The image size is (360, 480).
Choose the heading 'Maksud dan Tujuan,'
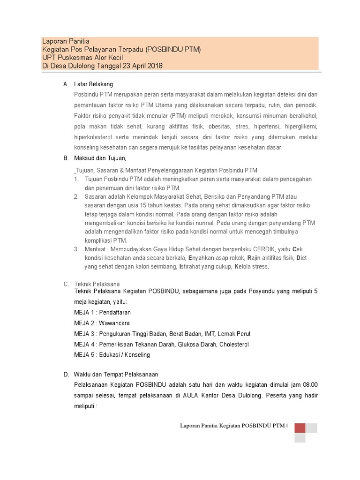100,158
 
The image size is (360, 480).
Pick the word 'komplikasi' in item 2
98,240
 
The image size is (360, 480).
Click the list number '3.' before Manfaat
76,249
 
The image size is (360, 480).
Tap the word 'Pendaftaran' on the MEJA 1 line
116,312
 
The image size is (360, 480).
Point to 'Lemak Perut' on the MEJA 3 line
234,334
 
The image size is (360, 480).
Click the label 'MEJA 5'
85,355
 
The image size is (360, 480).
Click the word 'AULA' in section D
189,395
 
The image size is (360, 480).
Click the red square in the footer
300,427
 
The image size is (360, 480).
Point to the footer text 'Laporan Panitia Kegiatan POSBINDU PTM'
232,426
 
